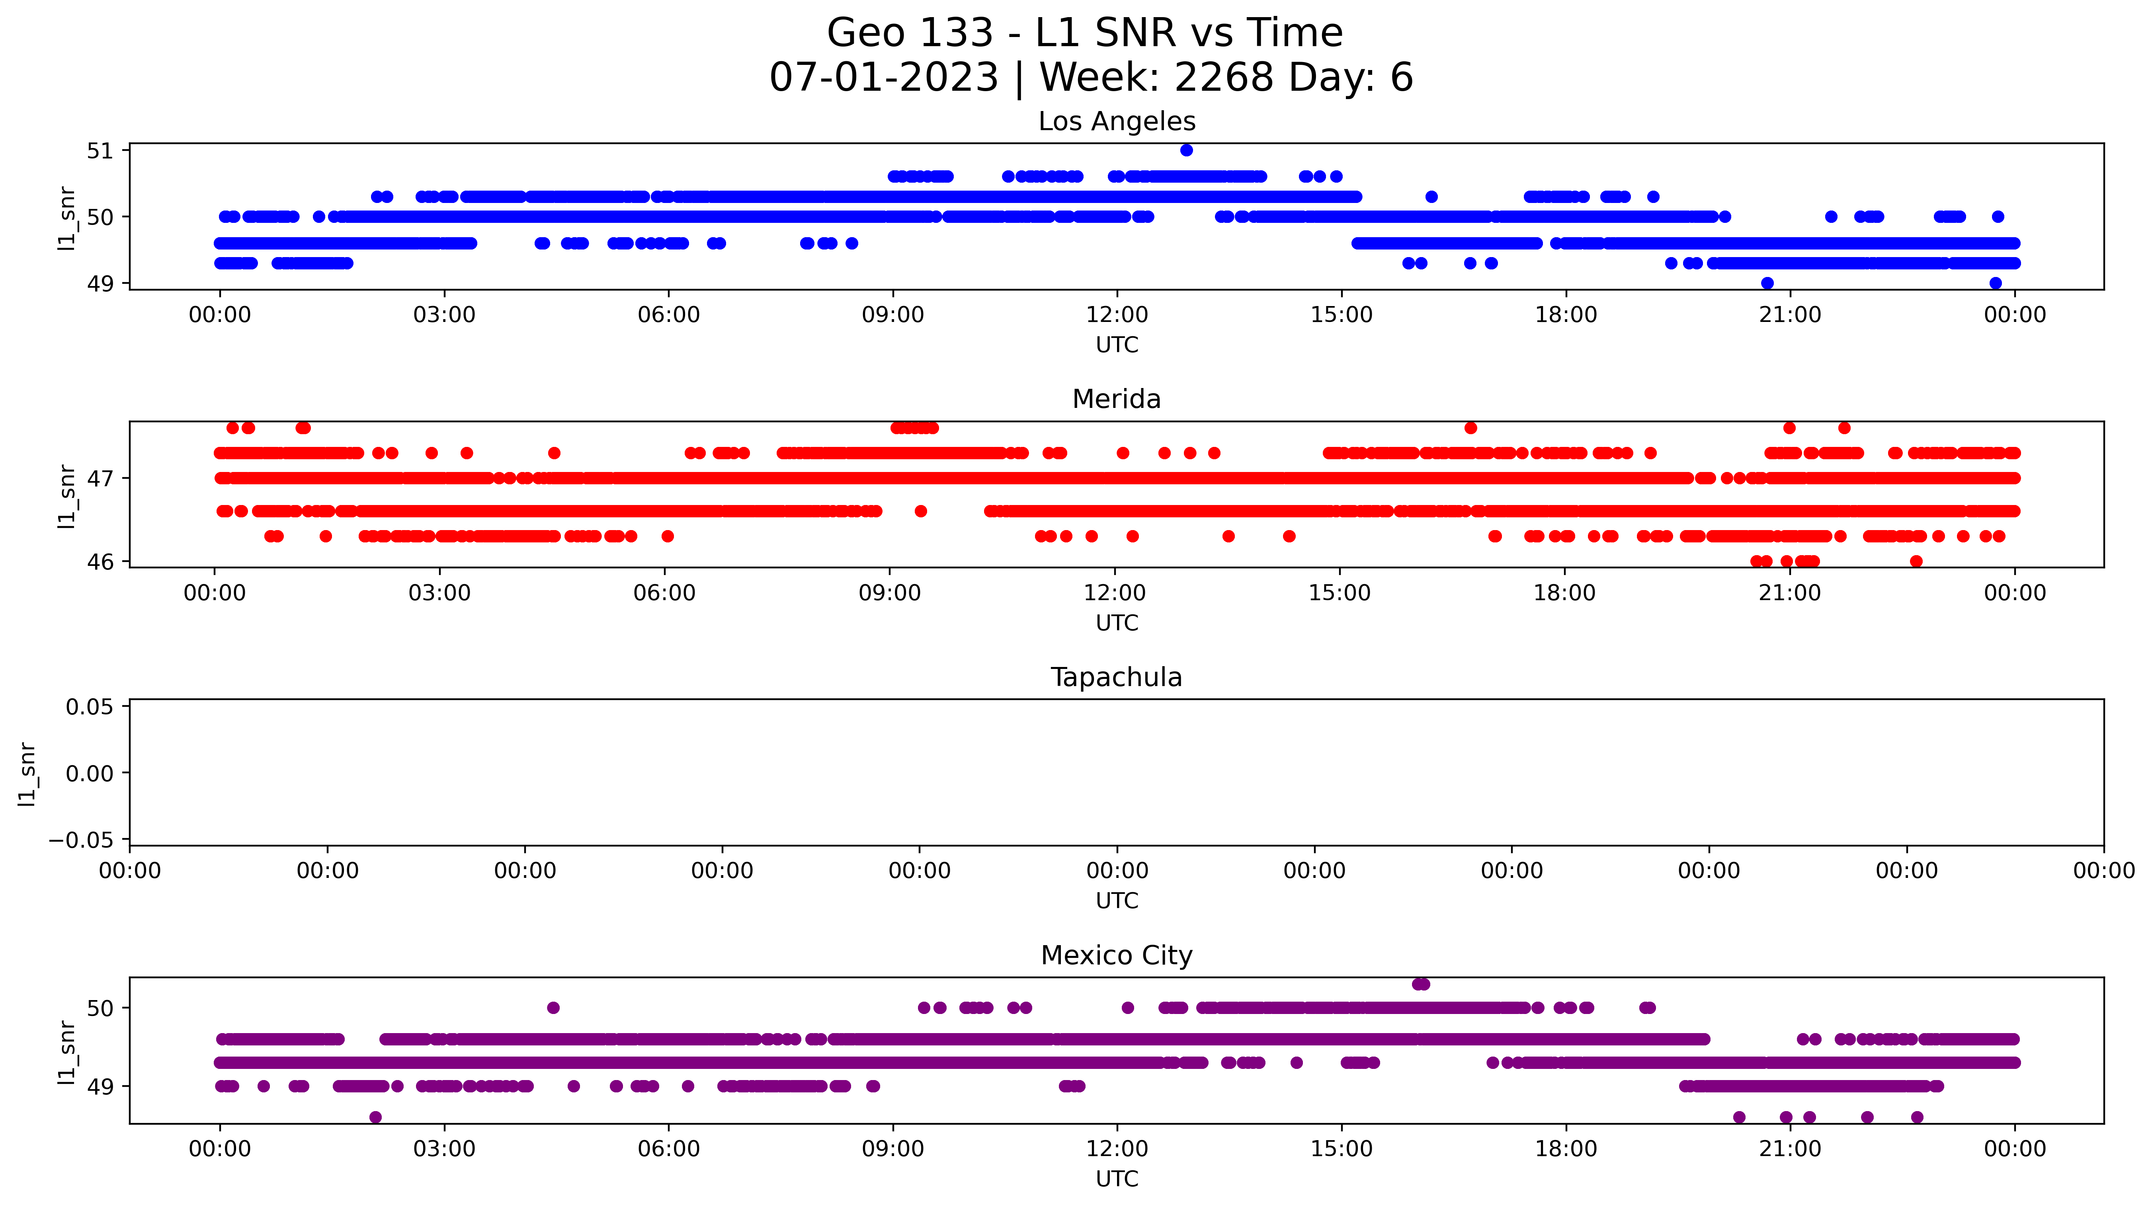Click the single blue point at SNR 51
point(1186,150)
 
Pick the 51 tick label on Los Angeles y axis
point(100,151)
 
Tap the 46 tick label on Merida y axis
point(100,562)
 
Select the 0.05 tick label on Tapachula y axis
point(90,708)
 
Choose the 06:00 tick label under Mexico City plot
point(668,1149)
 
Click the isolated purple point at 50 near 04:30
point(553,1008)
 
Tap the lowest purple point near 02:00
point(375,1117)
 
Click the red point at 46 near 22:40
point(1916,562)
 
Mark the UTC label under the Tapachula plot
point(1117,901)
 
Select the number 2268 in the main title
point(1223,78)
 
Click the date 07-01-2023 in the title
point(884,78)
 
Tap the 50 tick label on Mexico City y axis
point(100,1009)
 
